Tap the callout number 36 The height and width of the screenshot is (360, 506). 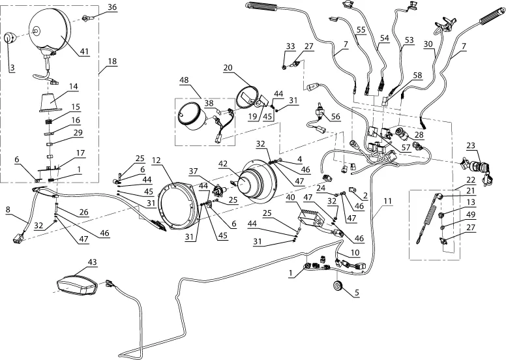click(112, 8)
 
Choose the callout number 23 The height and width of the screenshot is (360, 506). click(470, 145)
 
